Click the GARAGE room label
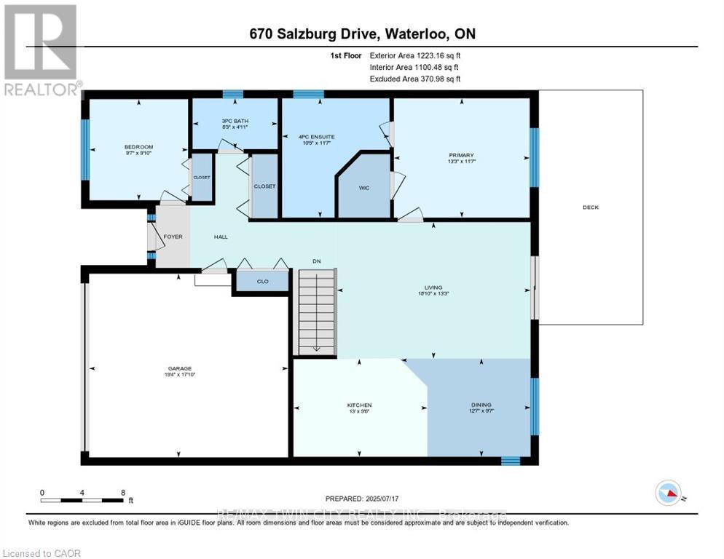(x=179, y=368)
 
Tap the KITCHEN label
(x=359, y=405)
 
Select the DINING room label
(x=481, y=405)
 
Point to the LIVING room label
(x=434, y=288)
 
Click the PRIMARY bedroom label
(x=461, y=155)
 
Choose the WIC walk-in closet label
(x=364, y=188)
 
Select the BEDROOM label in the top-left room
(x=138, y=147)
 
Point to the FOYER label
(x=173, y=237)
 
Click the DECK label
(x=590, y=207)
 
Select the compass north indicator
(x=668, y=493)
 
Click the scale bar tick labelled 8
(x=122, y=492)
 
